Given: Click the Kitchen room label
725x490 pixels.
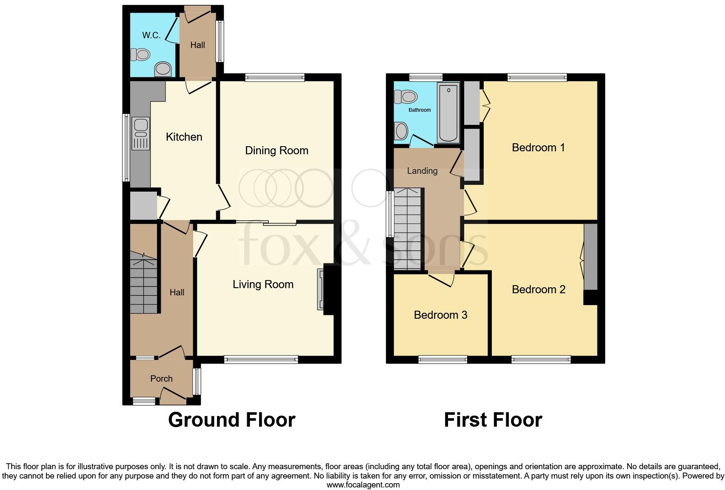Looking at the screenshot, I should pos(184,137).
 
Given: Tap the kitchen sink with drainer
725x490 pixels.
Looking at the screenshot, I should pos(141,134).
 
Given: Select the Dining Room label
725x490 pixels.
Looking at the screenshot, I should pos(277,150).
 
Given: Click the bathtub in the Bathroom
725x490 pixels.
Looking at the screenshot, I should pos(448,113).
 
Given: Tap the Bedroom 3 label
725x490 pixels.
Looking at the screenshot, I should pos(440,315).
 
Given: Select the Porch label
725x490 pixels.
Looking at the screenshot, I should pos(161,379).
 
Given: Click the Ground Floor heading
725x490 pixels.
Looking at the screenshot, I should pos(231,420).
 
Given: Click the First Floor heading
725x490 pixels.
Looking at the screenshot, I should pos(493,420).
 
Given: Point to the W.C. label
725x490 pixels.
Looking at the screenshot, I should pos(151,35).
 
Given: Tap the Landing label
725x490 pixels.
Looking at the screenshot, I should pos(422,171).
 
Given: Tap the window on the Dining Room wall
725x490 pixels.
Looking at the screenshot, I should pos(275,77).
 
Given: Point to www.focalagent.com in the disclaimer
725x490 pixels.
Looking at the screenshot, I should pos(363,484).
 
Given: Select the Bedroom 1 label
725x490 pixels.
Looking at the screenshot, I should pos(538,147).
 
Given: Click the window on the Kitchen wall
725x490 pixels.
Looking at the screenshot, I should pos(126,147).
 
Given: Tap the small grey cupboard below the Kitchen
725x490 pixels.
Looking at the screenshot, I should pos(143,206).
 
